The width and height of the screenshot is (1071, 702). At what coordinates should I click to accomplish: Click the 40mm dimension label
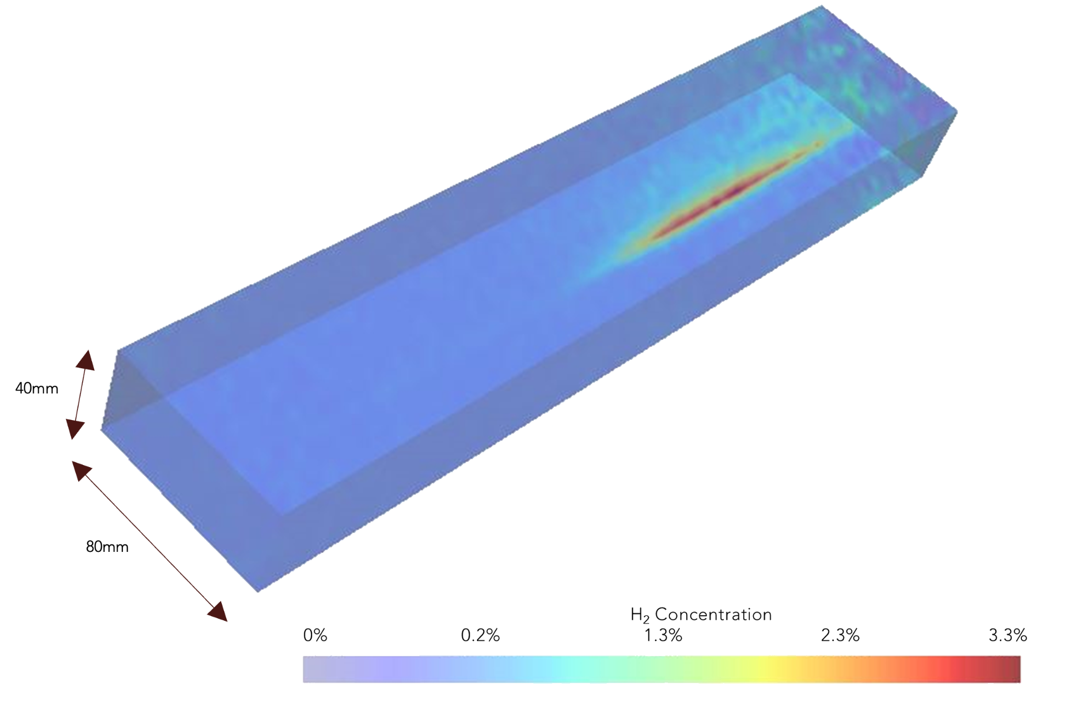[x=37, y=388]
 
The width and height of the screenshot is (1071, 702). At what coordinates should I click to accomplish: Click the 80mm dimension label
[x=107, y=547]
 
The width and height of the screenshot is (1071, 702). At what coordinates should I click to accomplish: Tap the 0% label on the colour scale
[x=315, y=635]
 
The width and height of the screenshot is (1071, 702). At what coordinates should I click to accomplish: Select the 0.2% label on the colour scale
[x=480, y=635]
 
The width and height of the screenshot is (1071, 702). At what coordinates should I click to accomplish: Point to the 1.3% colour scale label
[x=663, y=635]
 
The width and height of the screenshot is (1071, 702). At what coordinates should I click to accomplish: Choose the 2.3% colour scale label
[x=840, y=635]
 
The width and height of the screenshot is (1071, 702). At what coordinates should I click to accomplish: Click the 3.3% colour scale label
[x=1008, y=635]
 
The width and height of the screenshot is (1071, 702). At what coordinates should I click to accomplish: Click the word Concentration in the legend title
[x=713, y=614]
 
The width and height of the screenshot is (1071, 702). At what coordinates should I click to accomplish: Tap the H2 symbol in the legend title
[x=640, y=615]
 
